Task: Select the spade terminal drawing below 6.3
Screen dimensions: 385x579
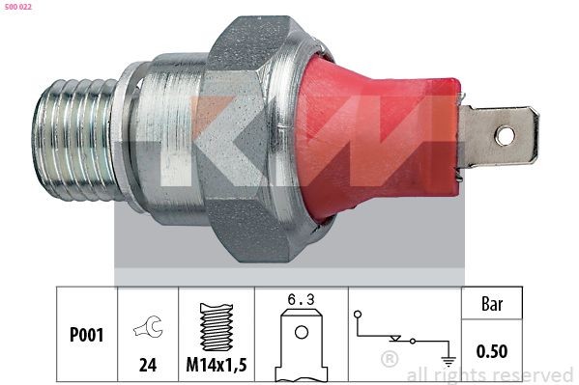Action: pos(302,343)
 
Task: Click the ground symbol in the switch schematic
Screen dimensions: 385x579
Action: pos(448,364)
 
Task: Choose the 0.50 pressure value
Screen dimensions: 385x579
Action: pos(491,352)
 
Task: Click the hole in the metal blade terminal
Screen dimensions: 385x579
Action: pos(505,135)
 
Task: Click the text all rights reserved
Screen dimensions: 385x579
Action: pos(489,374)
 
